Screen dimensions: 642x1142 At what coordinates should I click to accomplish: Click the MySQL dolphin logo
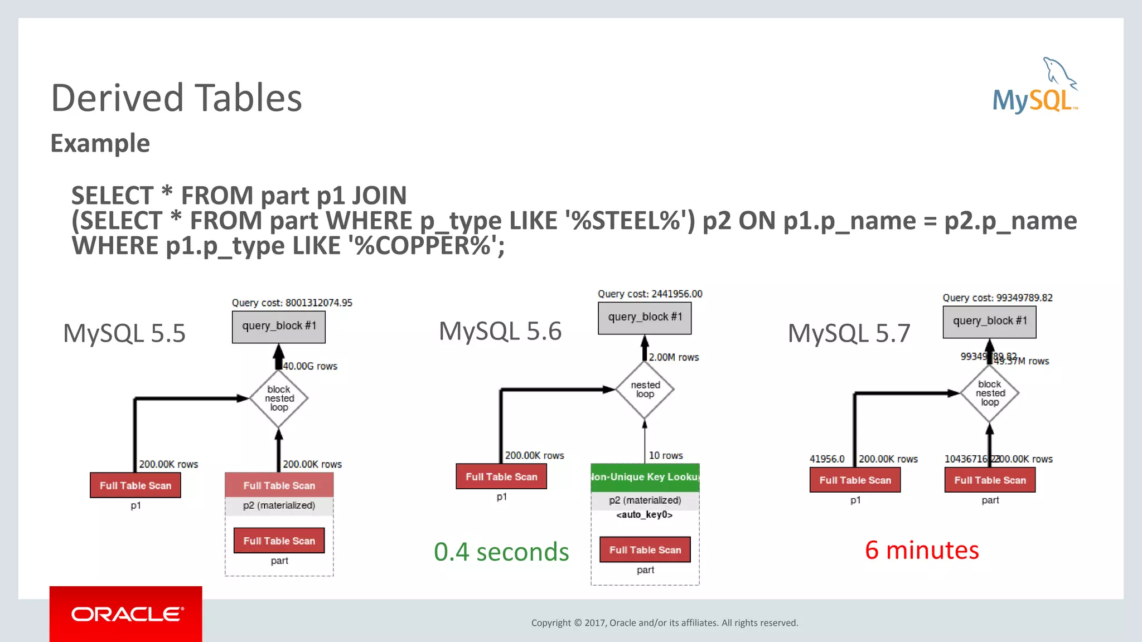(1035, 87)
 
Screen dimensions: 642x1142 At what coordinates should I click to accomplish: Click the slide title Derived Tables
(176, 98)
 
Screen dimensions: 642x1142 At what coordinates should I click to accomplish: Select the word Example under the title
(100, 143)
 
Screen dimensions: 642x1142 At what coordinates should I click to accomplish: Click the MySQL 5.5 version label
(124, 333)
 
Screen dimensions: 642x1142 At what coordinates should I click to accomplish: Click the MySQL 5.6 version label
(500, 331)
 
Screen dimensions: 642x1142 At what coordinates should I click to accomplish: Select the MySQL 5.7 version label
(849, 333)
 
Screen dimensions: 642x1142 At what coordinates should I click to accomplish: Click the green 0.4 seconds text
(501, 552)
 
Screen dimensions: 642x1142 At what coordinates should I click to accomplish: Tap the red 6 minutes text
(922, 550)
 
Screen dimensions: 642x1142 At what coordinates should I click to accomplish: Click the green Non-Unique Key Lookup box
(645, 477)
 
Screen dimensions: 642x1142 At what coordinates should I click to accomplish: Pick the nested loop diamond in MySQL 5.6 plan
(645, 390)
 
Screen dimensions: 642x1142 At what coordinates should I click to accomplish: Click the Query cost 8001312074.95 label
(292, 303)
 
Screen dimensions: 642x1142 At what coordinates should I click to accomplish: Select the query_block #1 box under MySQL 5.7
(989, 321)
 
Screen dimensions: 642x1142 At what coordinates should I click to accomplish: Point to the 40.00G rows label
(310, 366)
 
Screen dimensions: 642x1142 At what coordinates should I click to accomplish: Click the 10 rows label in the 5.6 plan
(666, 455)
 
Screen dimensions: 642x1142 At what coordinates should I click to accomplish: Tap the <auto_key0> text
(644, 514)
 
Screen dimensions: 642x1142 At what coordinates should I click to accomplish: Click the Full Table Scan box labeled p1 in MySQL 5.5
(136, 485)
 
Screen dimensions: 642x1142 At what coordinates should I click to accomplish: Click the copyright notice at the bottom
(665, 622)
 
